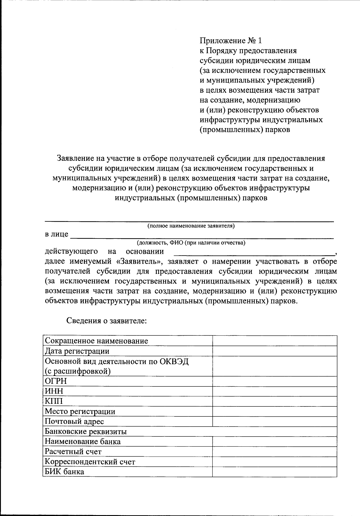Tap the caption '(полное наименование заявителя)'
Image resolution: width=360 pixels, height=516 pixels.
tap(191, 226)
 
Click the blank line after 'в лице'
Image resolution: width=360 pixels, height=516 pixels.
tap(202, 236)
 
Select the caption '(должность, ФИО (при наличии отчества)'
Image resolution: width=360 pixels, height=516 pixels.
tap(191, 243)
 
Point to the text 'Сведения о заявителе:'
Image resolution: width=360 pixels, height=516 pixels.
tap(106, 321)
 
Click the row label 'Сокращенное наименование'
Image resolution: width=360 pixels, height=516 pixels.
tap(96, 341)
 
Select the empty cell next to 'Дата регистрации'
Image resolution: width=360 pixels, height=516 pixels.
tap(274, 351)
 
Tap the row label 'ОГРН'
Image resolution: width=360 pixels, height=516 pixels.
tap(56, 381)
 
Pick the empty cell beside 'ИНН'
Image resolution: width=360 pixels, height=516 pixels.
tap(274, 391)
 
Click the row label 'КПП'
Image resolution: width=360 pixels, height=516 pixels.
tap(54, 401)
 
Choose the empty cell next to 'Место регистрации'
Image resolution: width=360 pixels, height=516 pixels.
tap(274, 411)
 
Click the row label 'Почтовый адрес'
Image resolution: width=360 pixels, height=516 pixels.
tap(74, 421)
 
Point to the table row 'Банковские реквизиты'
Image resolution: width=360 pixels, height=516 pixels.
tap(86, 431)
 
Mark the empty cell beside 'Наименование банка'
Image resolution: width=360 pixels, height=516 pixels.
tap(274, 442)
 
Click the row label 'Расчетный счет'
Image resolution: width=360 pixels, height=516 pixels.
tap(73, 451)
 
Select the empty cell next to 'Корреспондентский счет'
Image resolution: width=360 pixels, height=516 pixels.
tap(274, 462)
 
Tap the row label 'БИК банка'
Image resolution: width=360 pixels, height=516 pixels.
tap(64, 472)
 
